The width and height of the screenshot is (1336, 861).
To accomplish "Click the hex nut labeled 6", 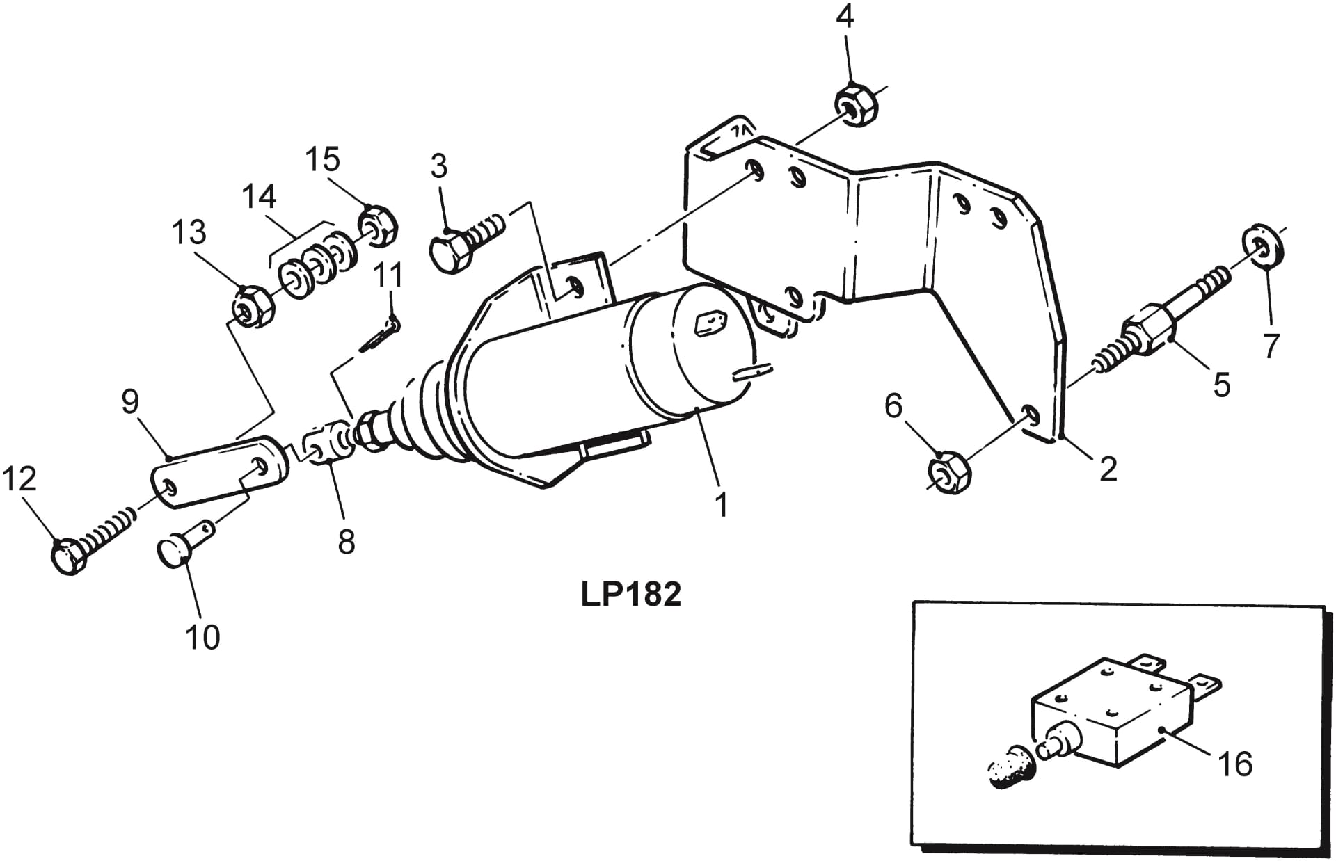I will [x=949, y=474].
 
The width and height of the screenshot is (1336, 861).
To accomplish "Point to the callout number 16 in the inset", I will [x=1235, y=764].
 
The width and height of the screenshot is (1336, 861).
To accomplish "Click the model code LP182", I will [x=630, y=595].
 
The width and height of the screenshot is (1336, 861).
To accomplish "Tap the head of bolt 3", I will [x=449, y=253].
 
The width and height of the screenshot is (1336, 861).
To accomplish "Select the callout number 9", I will [x=129, y=402].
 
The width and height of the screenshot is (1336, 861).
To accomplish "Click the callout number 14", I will [x=259, y=197].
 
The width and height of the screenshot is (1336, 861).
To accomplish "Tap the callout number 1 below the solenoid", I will [x=722, y=504].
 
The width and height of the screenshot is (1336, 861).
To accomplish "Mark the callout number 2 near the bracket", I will [x=1108, y=469].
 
